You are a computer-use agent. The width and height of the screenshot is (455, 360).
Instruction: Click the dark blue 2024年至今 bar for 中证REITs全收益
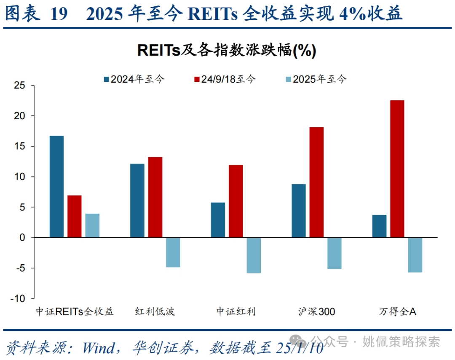(x=56, y=187)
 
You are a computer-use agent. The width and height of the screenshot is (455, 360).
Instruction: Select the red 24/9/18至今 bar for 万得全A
(x=397, y=169)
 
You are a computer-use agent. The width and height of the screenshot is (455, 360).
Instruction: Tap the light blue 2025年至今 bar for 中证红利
(x=254, y=255)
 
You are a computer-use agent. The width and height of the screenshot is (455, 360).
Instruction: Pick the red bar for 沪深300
(x=316, y=183)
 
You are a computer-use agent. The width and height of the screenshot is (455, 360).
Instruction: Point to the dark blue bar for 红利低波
(x=137, y=201)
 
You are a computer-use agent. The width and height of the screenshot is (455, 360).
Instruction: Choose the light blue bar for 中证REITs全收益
(x=92, y=226)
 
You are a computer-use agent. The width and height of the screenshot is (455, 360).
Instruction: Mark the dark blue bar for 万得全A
(x=379, y=226)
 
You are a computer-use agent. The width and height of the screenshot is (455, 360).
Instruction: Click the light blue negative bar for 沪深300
(x=334, y=253)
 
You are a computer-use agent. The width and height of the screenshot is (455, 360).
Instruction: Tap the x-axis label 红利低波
(x=155, y=312)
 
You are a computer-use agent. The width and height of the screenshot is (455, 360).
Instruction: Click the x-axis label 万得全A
(x=397, y=312)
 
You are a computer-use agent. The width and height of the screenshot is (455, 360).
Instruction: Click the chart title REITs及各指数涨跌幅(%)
(x=227, y=51)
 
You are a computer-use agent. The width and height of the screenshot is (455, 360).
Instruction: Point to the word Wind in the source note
(x=98, y=348)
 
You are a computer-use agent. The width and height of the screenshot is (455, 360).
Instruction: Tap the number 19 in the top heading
(x=59, y=14)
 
